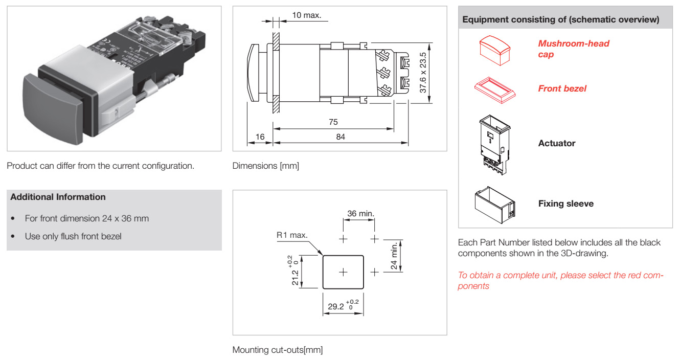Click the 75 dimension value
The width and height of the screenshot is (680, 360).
click(333, 122)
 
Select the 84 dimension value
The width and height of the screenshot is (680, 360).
click(341, 137)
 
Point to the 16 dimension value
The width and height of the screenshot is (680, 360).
click(260, 137)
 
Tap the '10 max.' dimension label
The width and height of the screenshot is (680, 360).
click(306, 15)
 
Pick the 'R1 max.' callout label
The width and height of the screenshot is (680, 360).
click(292, 235)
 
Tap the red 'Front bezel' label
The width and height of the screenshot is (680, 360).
click(562, 88)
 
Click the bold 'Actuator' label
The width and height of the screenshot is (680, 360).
click(556, 144)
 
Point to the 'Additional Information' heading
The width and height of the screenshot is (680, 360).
click(58, 197)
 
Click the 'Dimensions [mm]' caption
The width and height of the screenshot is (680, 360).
click(265, 166)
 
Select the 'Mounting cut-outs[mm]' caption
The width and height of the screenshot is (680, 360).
click(278, 350)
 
